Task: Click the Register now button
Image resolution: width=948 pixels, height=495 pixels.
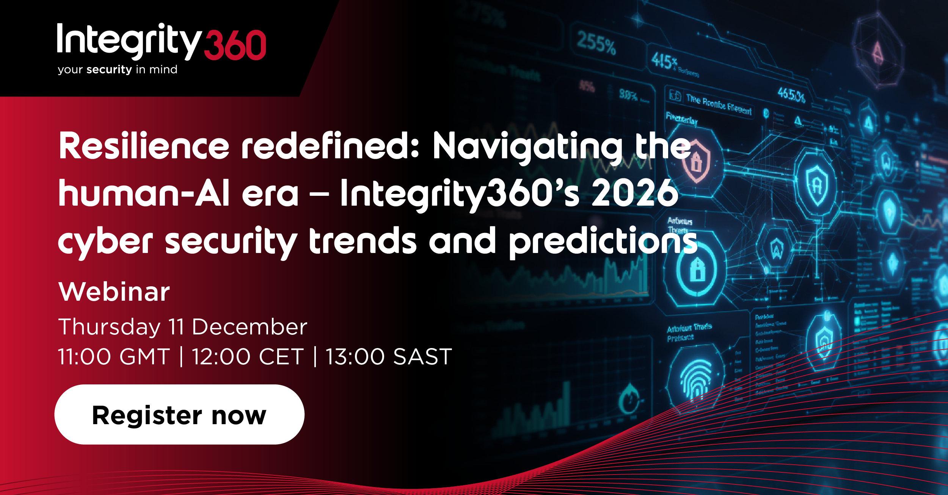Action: point(179,415)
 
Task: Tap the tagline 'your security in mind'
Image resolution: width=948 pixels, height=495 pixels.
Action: point(118,70)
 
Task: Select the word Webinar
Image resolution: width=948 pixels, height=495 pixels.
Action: point(114,292)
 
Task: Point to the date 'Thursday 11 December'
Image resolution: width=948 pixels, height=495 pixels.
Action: point(182,327)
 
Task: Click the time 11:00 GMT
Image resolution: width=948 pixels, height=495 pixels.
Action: point(114,357)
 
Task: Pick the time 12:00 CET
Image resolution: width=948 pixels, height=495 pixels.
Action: point(248,357)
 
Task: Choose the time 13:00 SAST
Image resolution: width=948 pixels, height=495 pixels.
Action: point(389,357)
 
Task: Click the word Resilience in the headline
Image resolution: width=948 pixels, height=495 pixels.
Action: point(144,146)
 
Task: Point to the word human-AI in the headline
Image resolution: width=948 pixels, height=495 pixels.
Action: point(144,193)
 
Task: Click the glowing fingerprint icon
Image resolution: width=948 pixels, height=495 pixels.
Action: point(696,379)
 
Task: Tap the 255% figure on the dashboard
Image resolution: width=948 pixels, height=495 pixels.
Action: point(596,42)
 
